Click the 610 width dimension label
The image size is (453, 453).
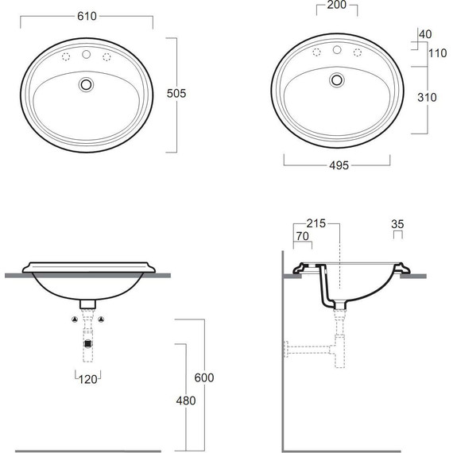(87, 16)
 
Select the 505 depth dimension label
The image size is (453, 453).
(176, 94)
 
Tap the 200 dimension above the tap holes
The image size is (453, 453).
(337, 5)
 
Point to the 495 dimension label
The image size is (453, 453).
(339, 165)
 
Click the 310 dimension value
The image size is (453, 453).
(427, 98)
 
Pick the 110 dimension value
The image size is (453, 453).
(437, 53)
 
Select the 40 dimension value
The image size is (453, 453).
(425, 34)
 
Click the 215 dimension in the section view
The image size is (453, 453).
(316, 223)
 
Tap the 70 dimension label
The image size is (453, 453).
(303, 236)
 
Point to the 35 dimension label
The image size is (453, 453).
(397, 224)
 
